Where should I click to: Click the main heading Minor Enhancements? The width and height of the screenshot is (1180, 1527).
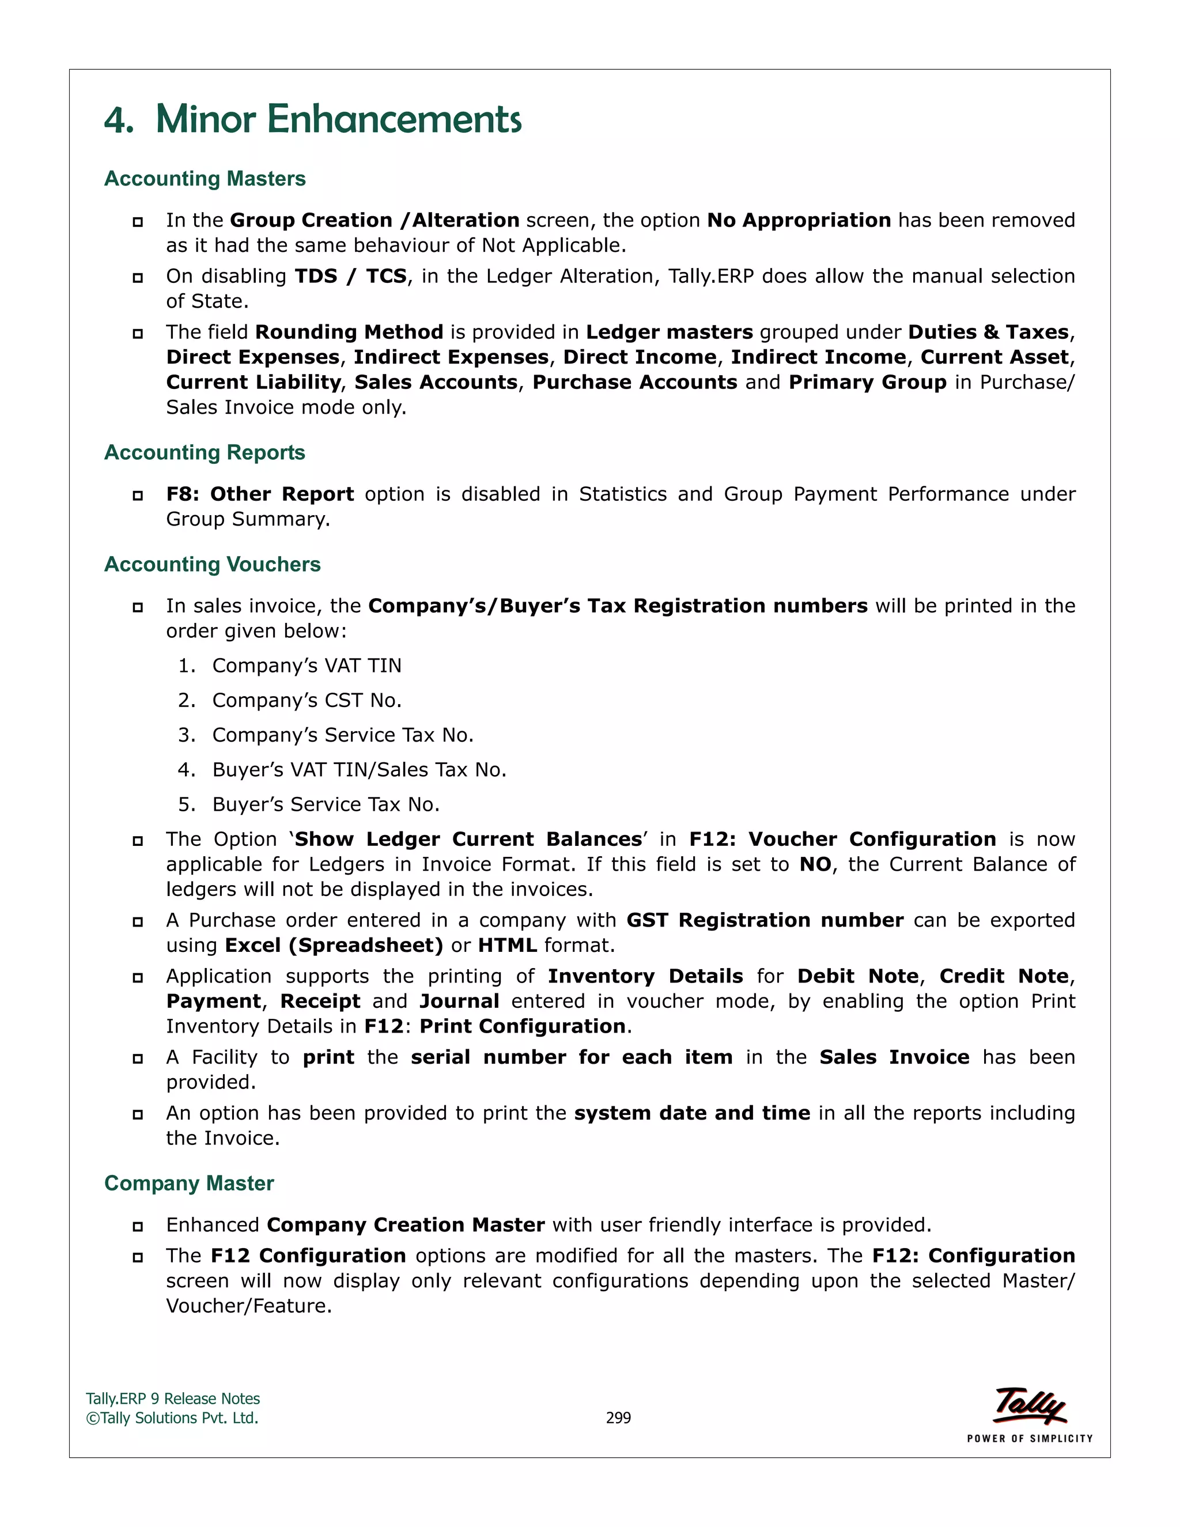click(x=312, y=119)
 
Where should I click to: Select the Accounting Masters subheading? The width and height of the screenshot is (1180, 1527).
click(x=205, y=179)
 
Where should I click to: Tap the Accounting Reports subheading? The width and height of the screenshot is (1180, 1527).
click(x=205, y=452)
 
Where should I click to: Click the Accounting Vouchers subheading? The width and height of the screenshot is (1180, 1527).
click(x=213, y=564)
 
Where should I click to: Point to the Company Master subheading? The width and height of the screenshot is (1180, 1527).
click(x=189, y=1183)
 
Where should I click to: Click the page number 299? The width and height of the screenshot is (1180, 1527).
click(x=618, y=1418)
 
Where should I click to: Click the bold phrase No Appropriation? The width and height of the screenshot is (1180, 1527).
click(x=799, y=220)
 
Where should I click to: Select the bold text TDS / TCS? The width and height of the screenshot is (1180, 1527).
click(x=350, y=276)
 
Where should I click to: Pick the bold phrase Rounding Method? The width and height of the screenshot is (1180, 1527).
click(x=349, y=332)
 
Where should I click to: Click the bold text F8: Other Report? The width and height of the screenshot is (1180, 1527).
click(x=259, y=494)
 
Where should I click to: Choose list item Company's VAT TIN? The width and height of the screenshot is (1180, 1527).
click(x=307, y=666)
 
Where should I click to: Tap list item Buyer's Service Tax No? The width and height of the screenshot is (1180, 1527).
click(x=326, y=805)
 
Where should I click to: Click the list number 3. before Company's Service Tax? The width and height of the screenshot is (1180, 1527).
click(x=186, y=735)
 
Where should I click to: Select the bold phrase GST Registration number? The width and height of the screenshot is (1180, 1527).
click(x=764, y=920)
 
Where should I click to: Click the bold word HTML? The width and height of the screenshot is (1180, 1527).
click(x=507, y=945)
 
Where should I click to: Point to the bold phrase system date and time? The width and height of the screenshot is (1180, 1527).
click(x=691, y=1113)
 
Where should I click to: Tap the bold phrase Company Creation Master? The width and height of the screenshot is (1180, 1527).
click(x=406, y=1225)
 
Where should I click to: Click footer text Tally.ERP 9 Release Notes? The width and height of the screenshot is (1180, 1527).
click(x=173, y=1399)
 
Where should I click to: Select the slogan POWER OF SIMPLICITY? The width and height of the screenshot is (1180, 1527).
click(x=1029, y=1438)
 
